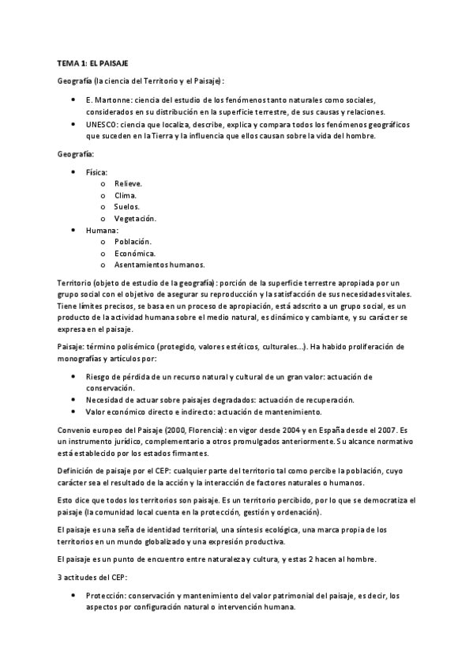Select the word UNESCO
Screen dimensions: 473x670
tap(103, 124)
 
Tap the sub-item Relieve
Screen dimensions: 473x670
tap(128, 183)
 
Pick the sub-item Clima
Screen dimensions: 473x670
tap(126, 195)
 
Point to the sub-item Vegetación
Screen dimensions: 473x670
tap(135, 218)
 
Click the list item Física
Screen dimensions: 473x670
tap(97, 171)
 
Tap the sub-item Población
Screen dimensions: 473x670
tap(133, 242)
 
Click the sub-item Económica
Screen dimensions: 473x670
tap(135, 253)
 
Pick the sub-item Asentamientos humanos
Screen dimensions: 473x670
tap(160, 265)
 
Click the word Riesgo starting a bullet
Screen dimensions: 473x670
tap(99, 377)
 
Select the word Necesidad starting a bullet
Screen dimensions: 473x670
tap(106, 400)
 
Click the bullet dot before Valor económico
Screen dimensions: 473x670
tap(74, 412)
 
